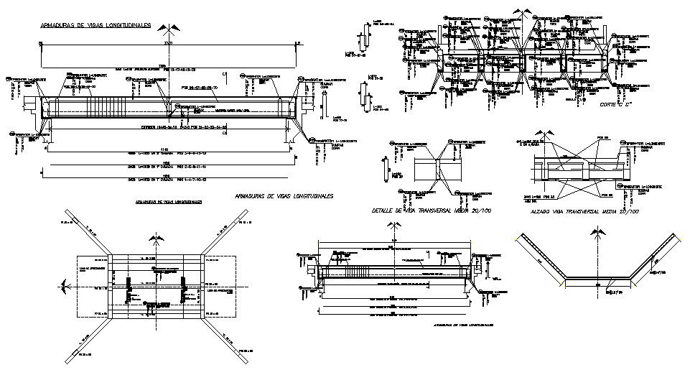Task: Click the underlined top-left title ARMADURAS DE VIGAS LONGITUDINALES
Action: (x=95, y=25)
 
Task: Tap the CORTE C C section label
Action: (x=614, y=106)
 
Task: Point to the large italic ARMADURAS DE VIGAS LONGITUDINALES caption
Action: (x=284, y=195)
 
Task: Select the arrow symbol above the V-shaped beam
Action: (x=597, y=234)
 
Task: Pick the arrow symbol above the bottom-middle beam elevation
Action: (x=391, y=228)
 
